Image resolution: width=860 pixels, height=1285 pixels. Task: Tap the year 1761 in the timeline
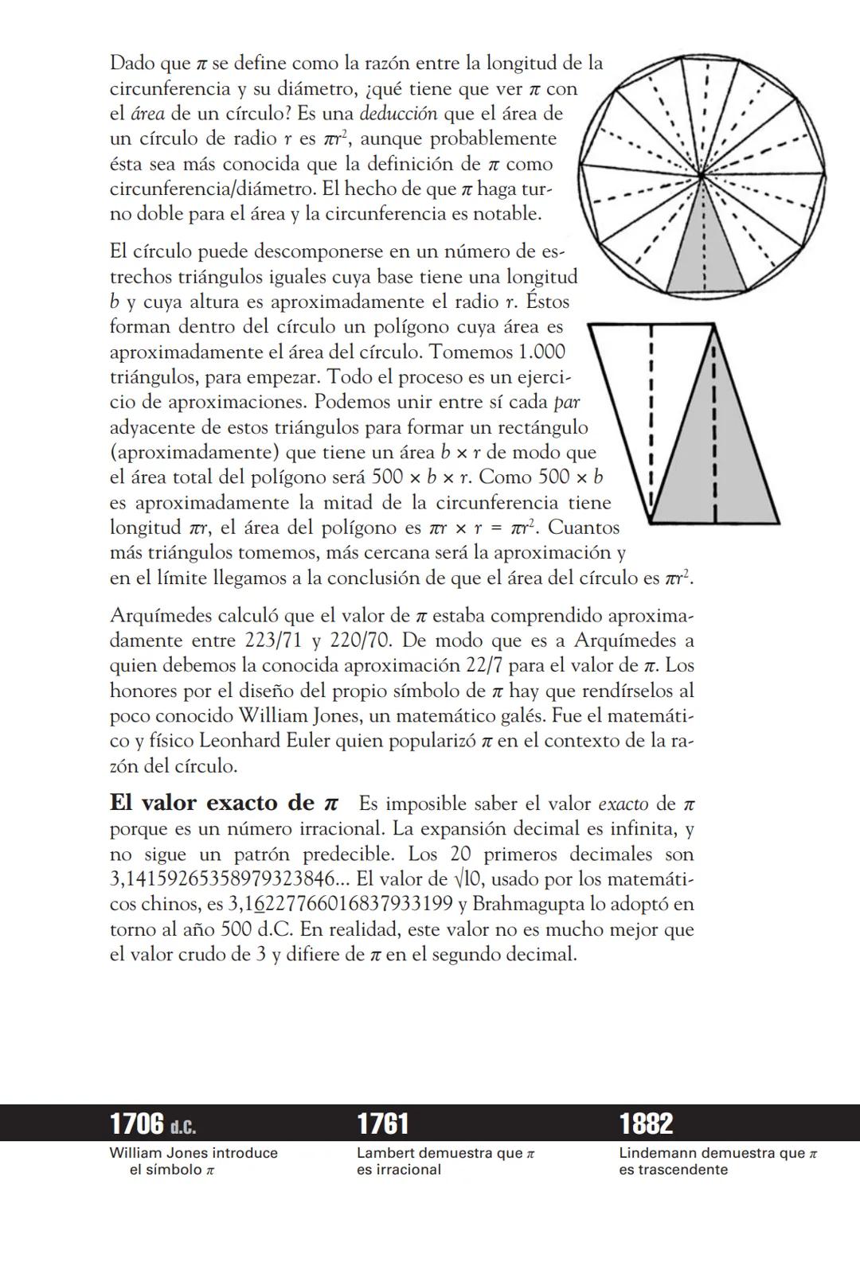click(x=382, y=1123)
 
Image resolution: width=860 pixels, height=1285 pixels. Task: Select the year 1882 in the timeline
click(x=646, y=1123)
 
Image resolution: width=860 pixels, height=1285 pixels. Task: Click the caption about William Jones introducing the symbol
click(x=193, y=1161)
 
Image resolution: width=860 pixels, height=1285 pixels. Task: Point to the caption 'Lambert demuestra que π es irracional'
click(x=445, y=1161)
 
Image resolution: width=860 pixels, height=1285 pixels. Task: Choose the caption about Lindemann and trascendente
click(x=717, y=1161)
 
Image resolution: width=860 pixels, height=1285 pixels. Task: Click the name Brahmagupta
click(x=526, y=905)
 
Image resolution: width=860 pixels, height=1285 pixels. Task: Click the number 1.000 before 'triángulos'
click(x=541, y=352)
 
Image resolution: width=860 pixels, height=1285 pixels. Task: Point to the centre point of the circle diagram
click(x=702, y=176)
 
